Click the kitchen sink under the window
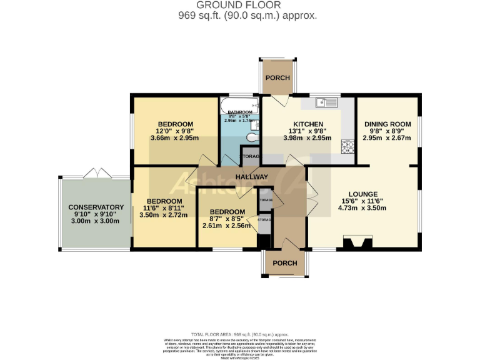pos(326,102)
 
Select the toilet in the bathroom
pos(251,137)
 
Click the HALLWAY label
pos(251,177)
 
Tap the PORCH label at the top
pos(277,77)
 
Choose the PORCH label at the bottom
pos(284,263)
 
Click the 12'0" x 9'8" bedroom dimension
pos(175,131)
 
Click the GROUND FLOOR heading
pos(239,5)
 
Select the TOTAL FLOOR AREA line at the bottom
pos(239,335)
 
